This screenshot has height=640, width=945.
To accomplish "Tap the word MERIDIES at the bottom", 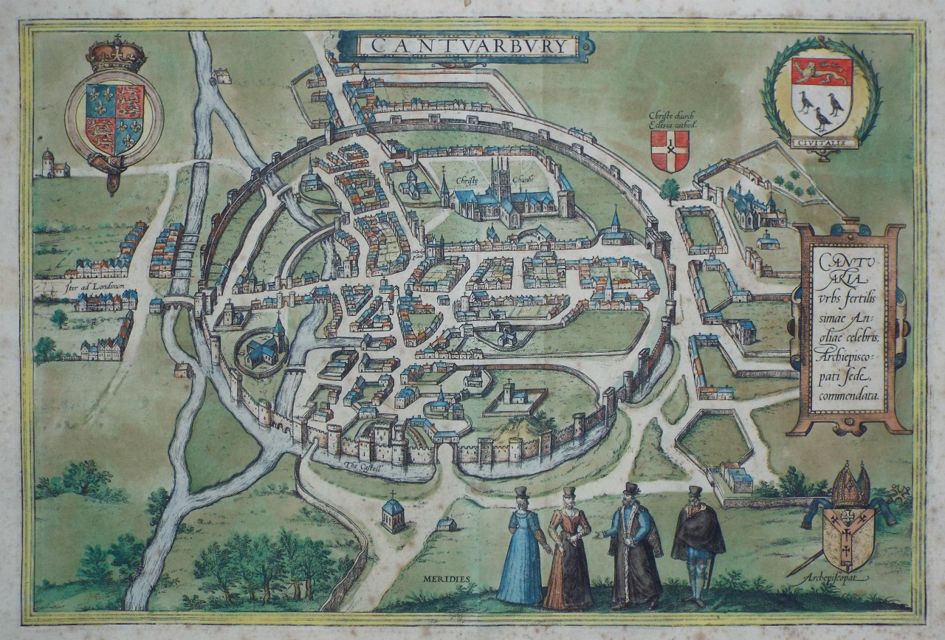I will (x=447, y=578).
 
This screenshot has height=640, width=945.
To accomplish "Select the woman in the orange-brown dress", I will (x=568, y=549).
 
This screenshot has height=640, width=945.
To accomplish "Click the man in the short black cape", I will (x=697, y=539).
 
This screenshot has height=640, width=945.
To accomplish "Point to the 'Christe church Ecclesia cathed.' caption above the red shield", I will (x=671, y=120).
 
